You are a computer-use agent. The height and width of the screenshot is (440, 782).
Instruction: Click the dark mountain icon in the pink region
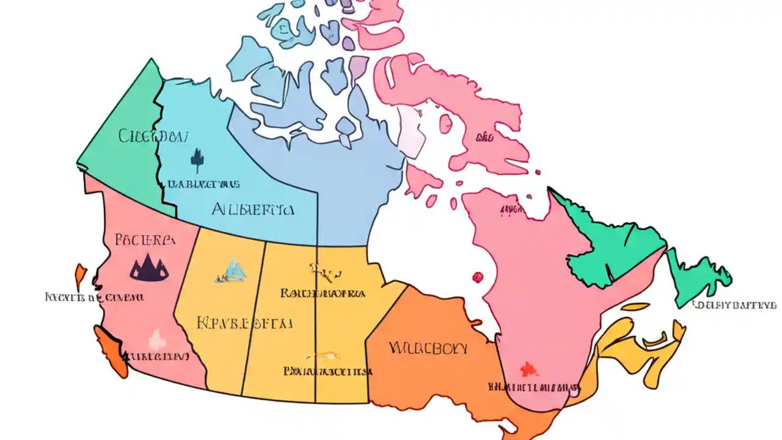click(149, 268)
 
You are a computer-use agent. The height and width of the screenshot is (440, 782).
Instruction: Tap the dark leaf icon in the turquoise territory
click(196, 158)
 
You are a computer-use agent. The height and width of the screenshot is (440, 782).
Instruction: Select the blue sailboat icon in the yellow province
click(232, 271)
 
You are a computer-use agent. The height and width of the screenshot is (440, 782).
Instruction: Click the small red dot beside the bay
click(478, 277)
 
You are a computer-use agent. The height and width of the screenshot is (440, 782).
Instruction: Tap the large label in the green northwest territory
click(153, 136)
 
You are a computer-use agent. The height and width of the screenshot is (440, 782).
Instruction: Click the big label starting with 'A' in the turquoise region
click(252, 210)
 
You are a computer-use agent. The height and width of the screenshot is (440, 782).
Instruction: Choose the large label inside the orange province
click(428, 349)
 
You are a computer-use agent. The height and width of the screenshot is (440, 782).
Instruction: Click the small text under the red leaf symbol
click(535, 387)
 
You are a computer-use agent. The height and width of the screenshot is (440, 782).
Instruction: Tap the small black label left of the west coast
click(95, 298)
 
